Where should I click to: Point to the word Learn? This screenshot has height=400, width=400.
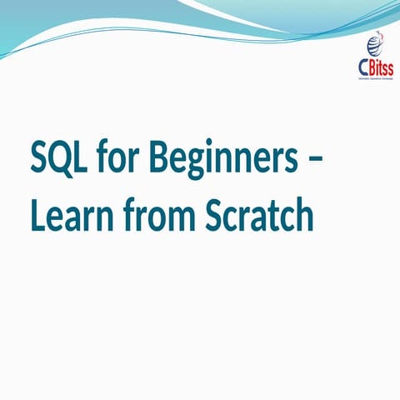click(x=72, y=217)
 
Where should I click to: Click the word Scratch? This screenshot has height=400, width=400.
click(x=258, y=217)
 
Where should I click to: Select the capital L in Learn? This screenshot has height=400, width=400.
click(x=37, y=217)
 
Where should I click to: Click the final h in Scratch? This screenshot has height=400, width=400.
click(x=303, y=217)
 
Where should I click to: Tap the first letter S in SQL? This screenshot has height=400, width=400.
click(x=40, y=157)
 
